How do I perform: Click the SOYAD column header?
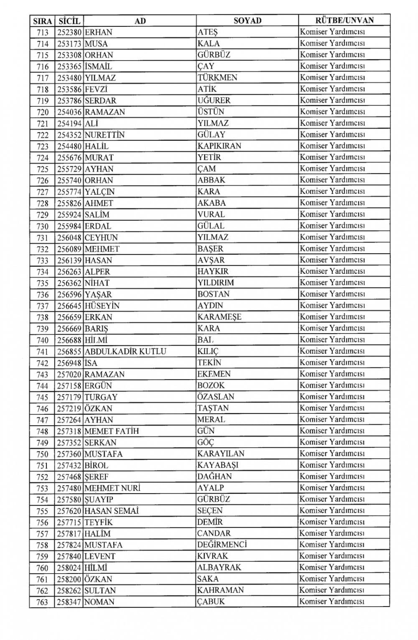tap(247, 20)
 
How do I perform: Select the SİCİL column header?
tap(69, 20)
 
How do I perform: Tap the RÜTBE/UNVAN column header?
tap(344, 20)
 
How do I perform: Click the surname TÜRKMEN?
tap(217, 78)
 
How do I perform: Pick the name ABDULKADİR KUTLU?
tap(125, 352)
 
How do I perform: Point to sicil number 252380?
tap(69, 32)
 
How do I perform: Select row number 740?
tap(42, 340)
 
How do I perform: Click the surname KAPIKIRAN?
tap(219, 146)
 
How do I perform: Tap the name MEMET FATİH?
tap(112, 431)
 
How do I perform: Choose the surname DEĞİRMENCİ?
tap(222, 545)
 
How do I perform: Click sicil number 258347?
tap(69, 602)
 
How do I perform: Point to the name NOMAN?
tap(99, 602)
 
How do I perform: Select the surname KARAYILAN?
tap(221, 454)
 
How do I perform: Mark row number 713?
tap(42, 32)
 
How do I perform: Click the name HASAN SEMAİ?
tap(112, 511)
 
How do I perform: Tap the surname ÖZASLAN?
tap(216, 397)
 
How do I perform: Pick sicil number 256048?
tap(69, 237)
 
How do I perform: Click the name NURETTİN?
tap(104, 135)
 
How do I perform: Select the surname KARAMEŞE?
tap(219, 317)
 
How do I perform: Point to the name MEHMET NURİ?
tap(112, 488)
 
